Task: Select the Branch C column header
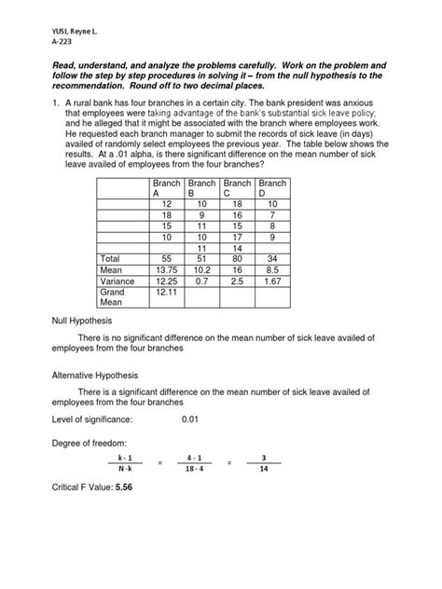point(238,190)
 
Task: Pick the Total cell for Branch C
point(238,258)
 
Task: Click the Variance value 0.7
point(202,281)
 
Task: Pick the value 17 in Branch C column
point(238,236)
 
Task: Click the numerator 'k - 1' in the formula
point(125,459)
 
